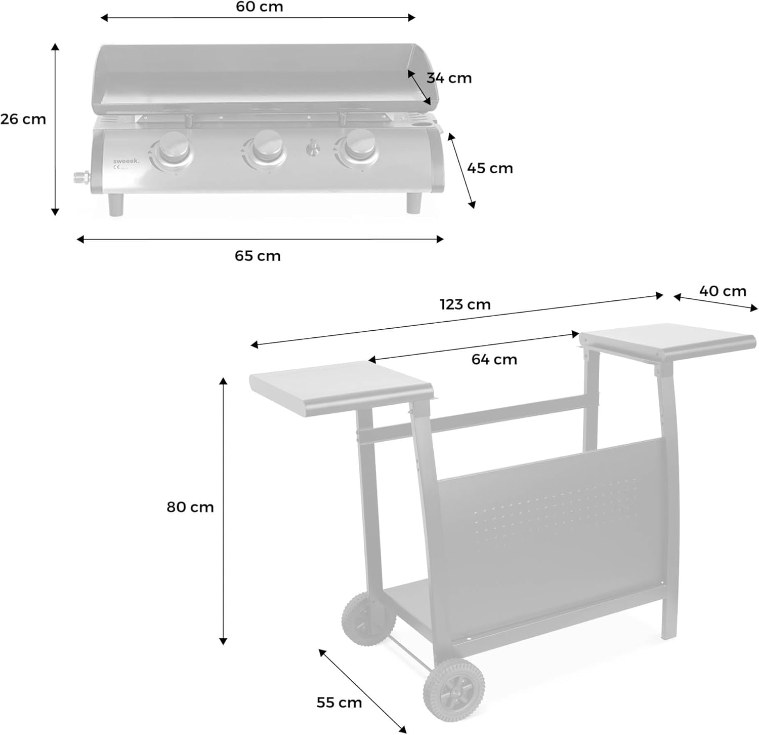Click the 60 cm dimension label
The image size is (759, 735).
260,7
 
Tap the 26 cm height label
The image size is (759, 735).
23,119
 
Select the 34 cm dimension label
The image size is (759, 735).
449,78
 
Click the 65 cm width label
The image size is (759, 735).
258,256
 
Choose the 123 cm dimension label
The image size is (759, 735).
465,304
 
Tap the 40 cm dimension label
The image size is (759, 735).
723,291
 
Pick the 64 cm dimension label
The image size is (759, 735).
494,359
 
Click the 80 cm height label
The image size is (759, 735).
190,507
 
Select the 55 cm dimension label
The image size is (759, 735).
339,703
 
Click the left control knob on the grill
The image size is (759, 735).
172,149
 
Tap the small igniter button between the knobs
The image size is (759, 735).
313,148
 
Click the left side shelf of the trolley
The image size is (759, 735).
342,388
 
